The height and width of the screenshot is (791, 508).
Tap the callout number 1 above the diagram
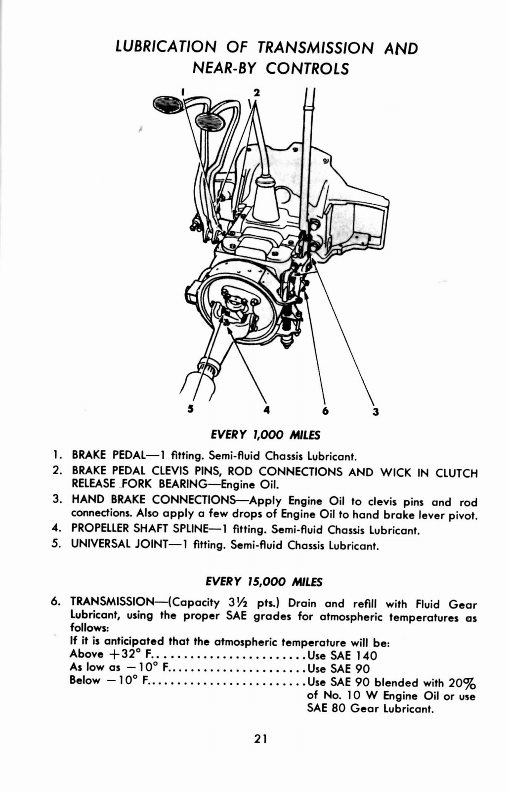coord(182,92)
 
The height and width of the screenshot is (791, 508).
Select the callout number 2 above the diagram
coord(256,92)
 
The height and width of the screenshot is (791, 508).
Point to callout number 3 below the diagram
coord(376,411)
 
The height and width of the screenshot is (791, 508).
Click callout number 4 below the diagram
coord(267,410)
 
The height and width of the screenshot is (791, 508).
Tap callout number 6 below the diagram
coord(325,411)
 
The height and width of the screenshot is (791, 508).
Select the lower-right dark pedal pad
coord(210,121)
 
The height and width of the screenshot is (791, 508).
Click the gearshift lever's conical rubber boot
coord(266,200)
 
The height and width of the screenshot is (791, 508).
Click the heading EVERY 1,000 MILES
coord(265,435)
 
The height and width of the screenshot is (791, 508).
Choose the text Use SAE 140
coord(342,656)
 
